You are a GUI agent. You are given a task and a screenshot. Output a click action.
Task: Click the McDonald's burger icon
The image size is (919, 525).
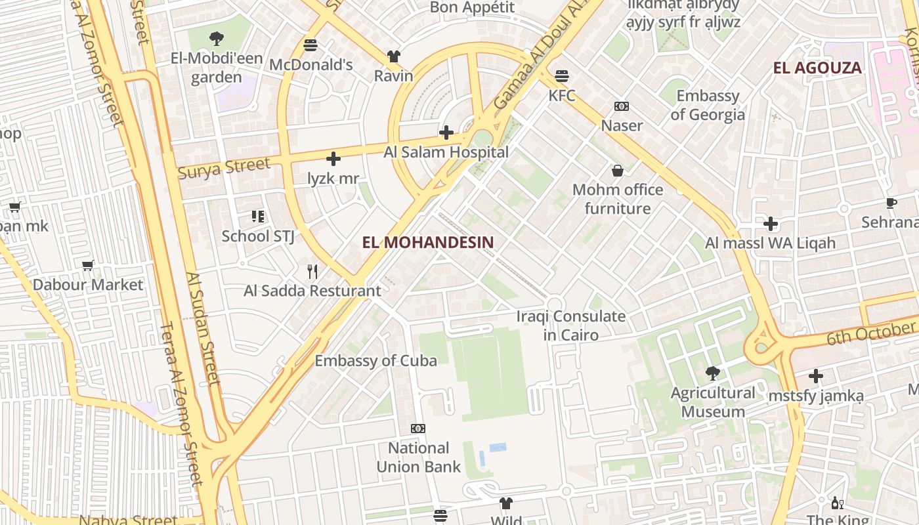(310, 45)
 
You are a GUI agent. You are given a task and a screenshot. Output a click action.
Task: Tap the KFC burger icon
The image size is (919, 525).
(562, 76)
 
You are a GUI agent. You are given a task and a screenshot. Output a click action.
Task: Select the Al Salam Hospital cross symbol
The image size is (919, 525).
(446, 133)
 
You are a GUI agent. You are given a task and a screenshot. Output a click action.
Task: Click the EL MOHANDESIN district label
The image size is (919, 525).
(427, 242)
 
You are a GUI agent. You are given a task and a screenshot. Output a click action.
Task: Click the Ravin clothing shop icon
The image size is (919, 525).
(393, 56)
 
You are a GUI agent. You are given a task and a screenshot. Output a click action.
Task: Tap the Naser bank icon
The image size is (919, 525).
(621, 106)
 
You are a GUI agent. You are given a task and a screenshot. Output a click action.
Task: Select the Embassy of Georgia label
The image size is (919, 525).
(708, 105)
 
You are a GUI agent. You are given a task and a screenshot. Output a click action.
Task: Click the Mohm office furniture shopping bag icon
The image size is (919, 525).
(617, 171)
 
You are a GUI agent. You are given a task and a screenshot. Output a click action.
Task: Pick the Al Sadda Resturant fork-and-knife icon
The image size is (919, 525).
(312, 271)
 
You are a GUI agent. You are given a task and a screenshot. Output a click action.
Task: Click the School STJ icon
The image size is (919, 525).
(257, 216)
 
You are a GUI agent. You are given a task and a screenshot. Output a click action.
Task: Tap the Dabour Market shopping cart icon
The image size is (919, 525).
(88, 265)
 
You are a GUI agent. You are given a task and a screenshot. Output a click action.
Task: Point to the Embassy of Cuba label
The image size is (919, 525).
(375, 360)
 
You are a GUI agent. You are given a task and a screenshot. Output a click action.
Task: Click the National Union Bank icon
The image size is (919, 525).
(418, 429)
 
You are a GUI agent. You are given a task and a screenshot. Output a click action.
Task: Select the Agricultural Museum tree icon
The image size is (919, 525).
(712, 373)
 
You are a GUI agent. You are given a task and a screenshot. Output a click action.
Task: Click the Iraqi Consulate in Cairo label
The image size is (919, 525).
(570, 325)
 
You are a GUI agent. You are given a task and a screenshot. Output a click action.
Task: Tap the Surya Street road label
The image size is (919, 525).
(224, 167)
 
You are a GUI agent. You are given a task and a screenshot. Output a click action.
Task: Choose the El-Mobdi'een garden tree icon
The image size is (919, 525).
(217, 39)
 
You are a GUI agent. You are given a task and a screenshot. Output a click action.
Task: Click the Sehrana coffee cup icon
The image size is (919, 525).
(891, 203)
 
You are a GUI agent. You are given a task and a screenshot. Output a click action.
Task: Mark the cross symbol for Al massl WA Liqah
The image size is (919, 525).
(771, 224)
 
